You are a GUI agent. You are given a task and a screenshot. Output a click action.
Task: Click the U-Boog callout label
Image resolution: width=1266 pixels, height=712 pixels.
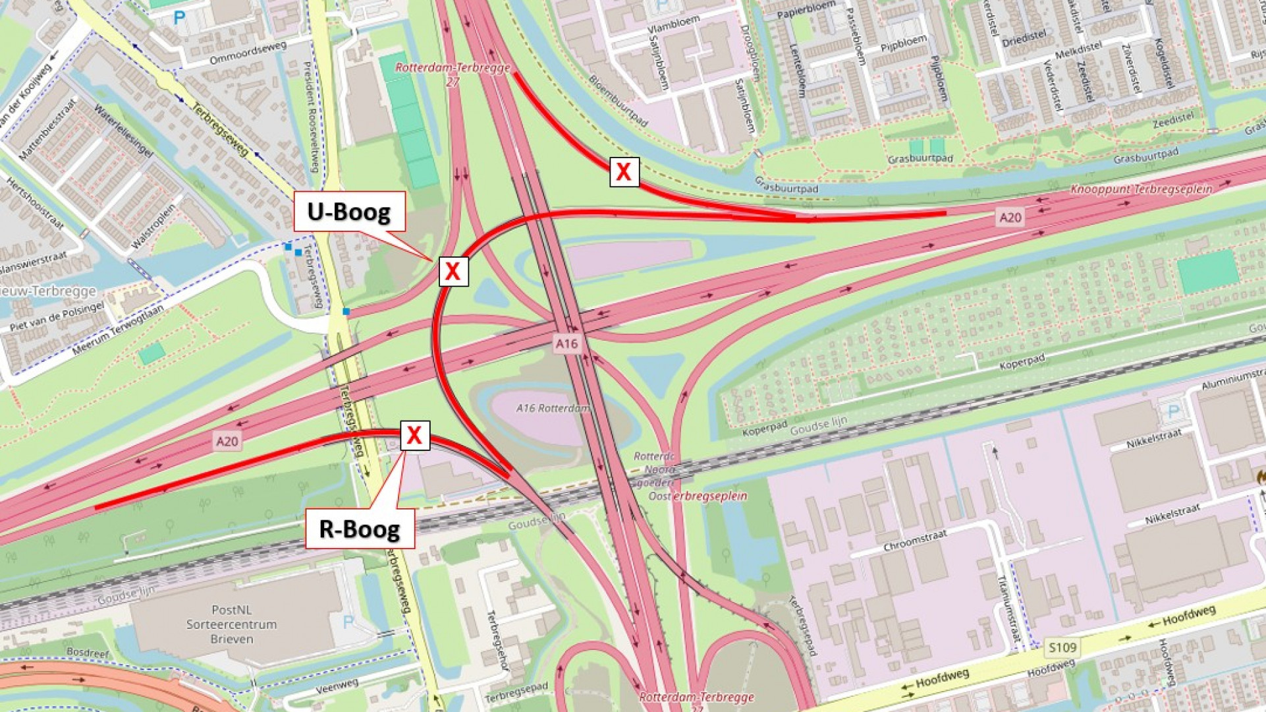pyautogui.click(x=349, y=212)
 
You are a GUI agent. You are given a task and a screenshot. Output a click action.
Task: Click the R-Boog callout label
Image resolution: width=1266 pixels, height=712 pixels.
pyautogui.click(x=360, y=529)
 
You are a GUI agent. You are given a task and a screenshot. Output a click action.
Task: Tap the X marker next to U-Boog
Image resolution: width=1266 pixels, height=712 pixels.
pyautogui.click(x=453, y=271)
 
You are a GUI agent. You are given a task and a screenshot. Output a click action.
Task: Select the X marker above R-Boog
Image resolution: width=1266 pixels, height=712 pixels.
pyautogui.click(x=414, y=435)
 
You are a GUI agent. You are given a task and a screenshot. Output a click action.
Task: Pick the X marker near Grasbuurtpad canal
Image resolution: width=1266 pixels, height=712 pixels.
pyautogui.click(x=624, y=172)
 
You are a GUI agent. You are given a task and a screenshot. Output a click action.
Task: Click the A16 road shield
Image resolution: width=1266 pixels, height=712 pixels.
pyautogui.click(x=566, y=343)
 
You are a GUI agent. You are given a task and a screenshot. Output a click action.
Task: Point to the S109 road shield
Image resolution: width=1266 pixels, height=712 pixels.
pyautogui.click(x=1062, y=647)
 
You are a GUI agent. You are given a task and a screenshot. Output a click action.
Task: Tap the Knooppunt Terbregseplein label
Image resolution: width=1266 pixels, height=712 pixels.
pyautogui.click(x=1141, y=189)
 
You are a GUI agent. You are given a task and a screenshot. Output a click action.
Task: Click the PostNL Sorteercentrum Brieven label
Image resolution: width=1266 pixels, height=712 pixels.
pyautogui.click(x=231, y=624)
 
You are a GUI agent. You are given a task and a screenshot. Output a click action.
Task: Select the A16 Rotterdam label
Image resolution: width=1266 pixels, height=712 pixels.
pyautogui.click(x=553, y=408)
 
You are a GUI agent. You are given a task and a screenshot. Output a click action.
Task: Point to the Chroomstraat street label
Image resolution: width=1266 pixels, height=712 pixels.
pyautogui.click(x=915, y=541)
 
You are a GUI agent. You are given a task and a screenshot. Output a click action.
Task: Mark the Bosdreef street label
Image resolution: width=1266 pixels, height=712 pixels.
pyautogui.click(x=88, y=653)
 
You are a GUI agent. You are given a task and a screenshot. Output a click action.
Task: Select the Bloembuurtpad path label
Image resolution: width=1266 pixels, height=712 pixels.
pyautogui.click(x=618, y=100)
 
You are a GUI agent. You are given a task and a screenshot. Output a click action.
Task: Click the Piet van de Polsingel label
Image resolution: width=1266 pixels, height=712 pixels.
pyautogui.click(x=57, y=317)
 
